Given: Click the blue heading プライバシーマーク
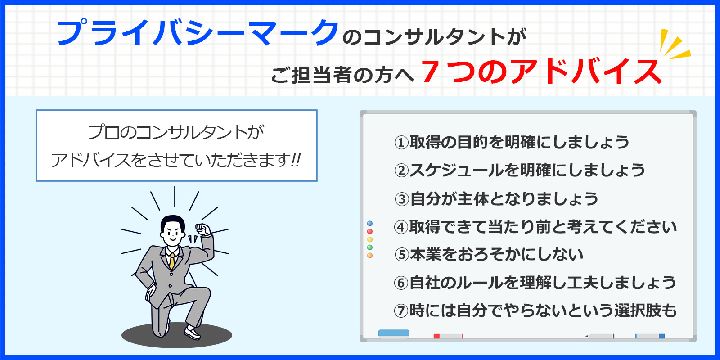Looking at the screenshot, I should coord(198,32).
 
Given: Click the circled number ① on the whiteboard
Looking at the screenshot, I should coord(401,143).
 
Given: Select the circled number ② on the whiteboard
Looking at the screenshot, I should coord(401,171).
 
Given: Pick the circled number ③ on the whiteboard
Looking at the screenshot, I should coord(401,199).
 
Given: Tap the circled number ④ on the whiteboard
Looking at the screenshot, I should coord(401,227).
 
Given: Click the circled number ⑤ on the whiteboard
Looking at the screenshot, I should coord(401,255).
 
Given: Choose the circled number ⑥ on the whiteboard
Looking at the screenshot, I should coord(401,283).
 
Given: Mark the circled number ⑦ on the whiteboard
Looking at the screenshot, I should coord(401,311).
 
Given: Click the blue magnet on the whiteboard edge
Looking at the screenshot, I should coord(370,223).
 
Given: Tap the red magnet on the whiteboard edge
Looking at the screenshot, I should coord(370,231).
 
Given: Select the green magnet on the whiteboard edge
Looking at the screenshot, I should coord(370,247).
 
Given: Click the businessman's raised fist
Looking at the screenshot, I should coord(203,229).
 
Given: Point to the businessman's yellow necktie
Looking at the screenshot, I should coord(172,261).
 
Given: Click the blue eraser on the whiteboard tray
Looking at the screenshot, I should coord(394,333).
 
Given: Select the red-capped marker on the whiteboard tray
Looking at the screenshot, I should coord(448,336).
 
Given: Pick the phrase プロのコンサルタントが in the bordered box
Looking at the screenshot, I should coord(176,132).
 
